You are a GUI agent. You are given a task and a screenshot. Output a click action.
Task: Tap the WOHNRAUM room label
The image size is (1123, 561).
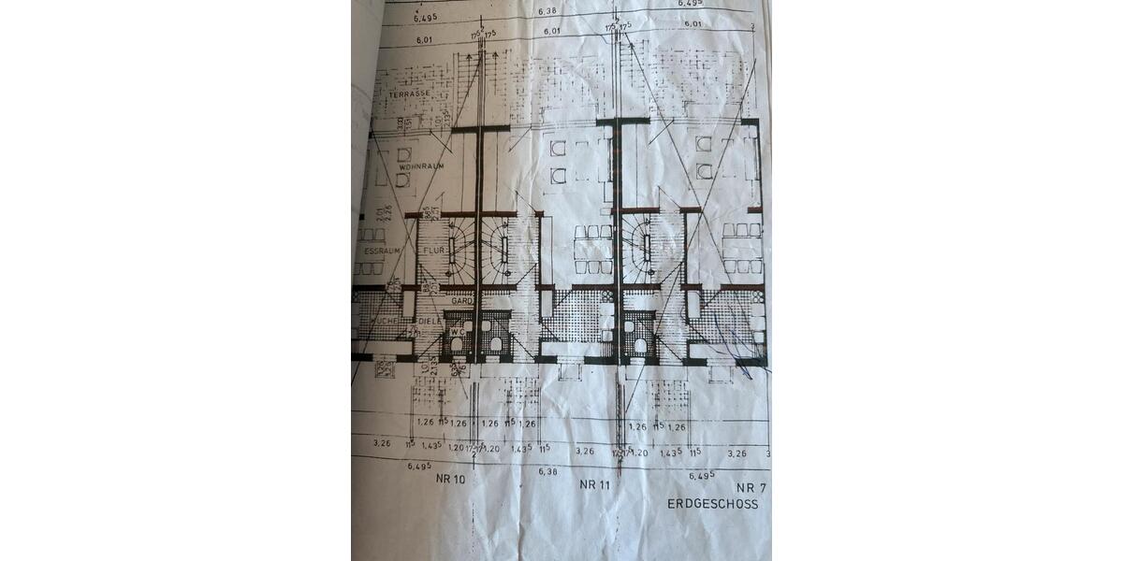[x=419, y=165]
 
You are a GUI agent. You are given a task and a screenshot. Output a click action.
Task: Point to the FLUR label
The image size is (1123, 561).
[x=432, y=252]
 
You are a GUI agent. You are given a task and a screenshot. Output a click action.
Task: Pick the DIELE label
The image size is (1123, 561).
[x=429, y=321]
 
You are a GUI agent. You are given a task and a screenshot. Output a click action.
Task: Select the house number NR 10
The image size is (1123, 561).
[x=451, y=479]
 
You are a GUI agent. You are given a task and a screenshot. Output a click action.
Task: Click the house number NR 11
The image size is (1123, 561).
[x=595, y=483]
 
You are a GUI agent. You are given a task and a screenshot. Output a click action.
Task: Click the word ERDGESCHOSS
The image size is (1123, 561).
[x=712, y=503]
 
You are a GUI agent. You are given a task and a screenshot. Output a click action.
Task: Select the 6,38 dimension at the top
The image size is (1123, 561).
[x=550, y=11]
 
